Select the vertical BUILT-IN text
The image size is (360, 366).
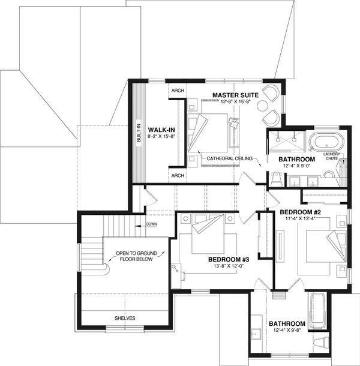[139, 131]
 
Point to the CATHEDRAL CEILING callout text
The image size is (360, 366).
[230, 158]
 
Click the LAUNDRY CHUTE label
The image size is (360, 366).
[331, 157]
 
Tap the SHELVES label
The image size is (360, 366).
[125, 317]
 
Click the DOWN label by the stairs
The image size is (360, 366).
[151, 225]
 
